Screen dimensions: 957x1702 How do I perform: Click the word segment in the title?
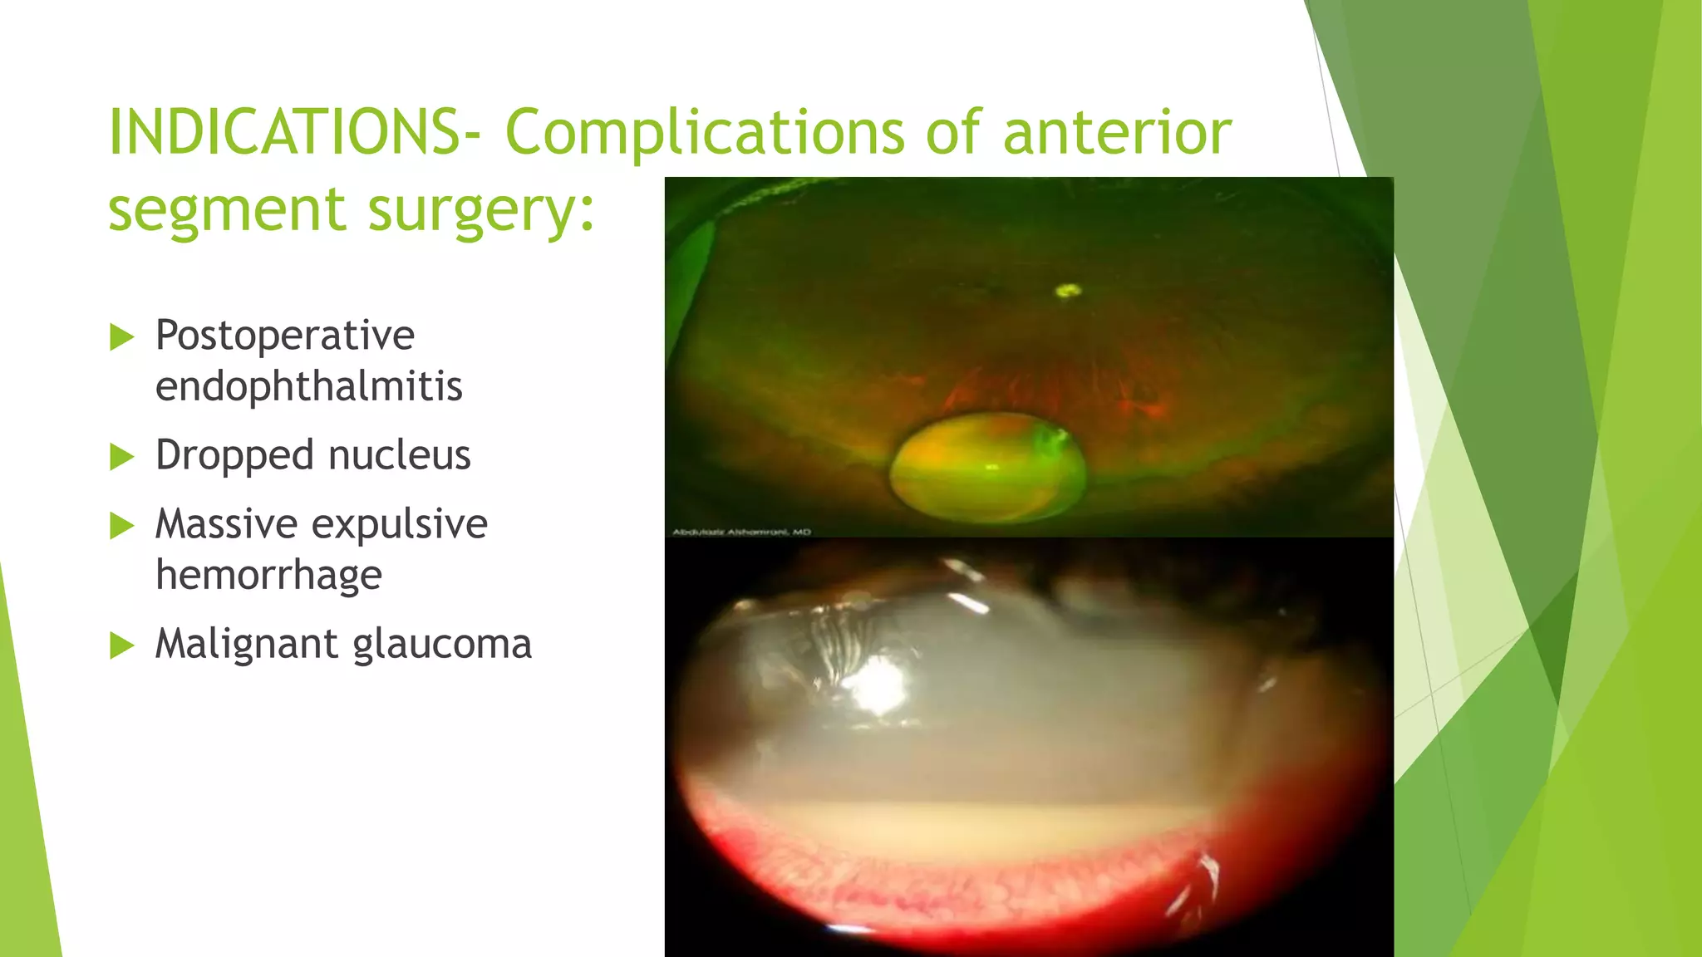pos(227,209)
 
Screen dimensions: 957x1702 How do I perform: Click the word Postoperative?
pos(285,336)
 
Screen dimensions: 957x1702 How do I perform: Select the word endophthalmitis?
pos(308,386)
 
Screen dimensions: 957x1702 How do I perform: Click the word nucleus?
pos(399,455)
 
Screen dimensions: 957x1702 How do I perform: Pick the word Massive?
pos(226,524)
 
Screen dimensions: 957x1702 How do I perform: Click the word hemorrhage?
pos(268,575)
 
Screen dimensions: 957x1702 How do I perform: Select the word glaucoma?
pos(442,645)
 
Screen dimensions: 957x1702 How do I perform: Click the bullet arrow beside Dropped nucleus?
pos(121,457)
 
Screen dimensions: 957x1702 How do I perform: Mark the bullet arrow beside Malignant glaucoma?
pos(121,645)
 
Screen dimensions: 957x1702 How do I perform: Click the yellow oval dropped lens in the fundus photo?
pos(987,469)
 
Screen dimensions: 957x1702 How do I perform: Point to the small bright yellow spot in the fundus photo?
pos(1067,290)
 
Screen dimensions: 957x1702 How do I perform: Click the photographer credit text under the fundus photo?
pos(741,532)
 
